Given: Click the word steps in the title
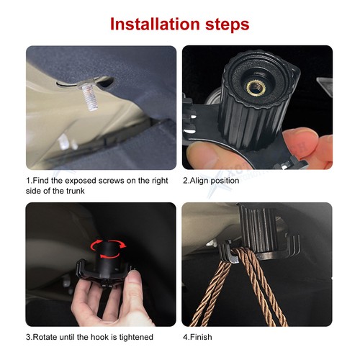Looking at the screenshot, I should pos(223,24).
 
